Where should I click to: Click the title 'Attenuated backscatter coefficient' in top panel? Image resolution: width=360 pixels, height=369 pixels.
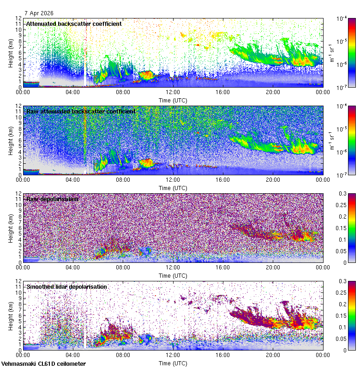click(x=74, y=24)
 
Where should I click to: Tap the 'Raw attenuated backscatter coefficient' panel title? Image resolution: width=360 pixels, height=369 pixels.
click(x=81, y=111)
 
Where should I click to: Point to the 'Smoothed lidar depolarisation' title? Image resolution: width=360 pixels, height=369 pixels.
click(x=67, y=286)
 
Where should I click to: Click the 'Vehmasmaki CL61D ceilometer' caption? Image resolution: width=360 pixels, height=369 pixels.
click(x=43, y=364)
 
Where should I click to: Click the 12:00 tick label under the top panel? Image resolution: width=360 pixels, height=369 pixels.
click(x=173, y=92)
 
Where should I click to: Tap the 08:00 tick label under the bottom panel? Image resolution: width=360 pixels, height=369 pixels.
click(x=123, y=355)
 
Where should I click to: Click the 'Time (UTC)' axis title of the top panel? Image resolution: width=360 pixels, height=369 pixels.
click(x=173, y=100)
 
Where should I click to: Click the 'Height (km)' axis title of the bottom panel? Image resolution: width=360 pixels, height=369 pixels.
click(x=11, y=315)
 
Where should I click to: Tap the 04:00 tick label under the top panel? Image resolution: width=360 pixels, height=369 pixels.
click(x=73, y=92)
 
